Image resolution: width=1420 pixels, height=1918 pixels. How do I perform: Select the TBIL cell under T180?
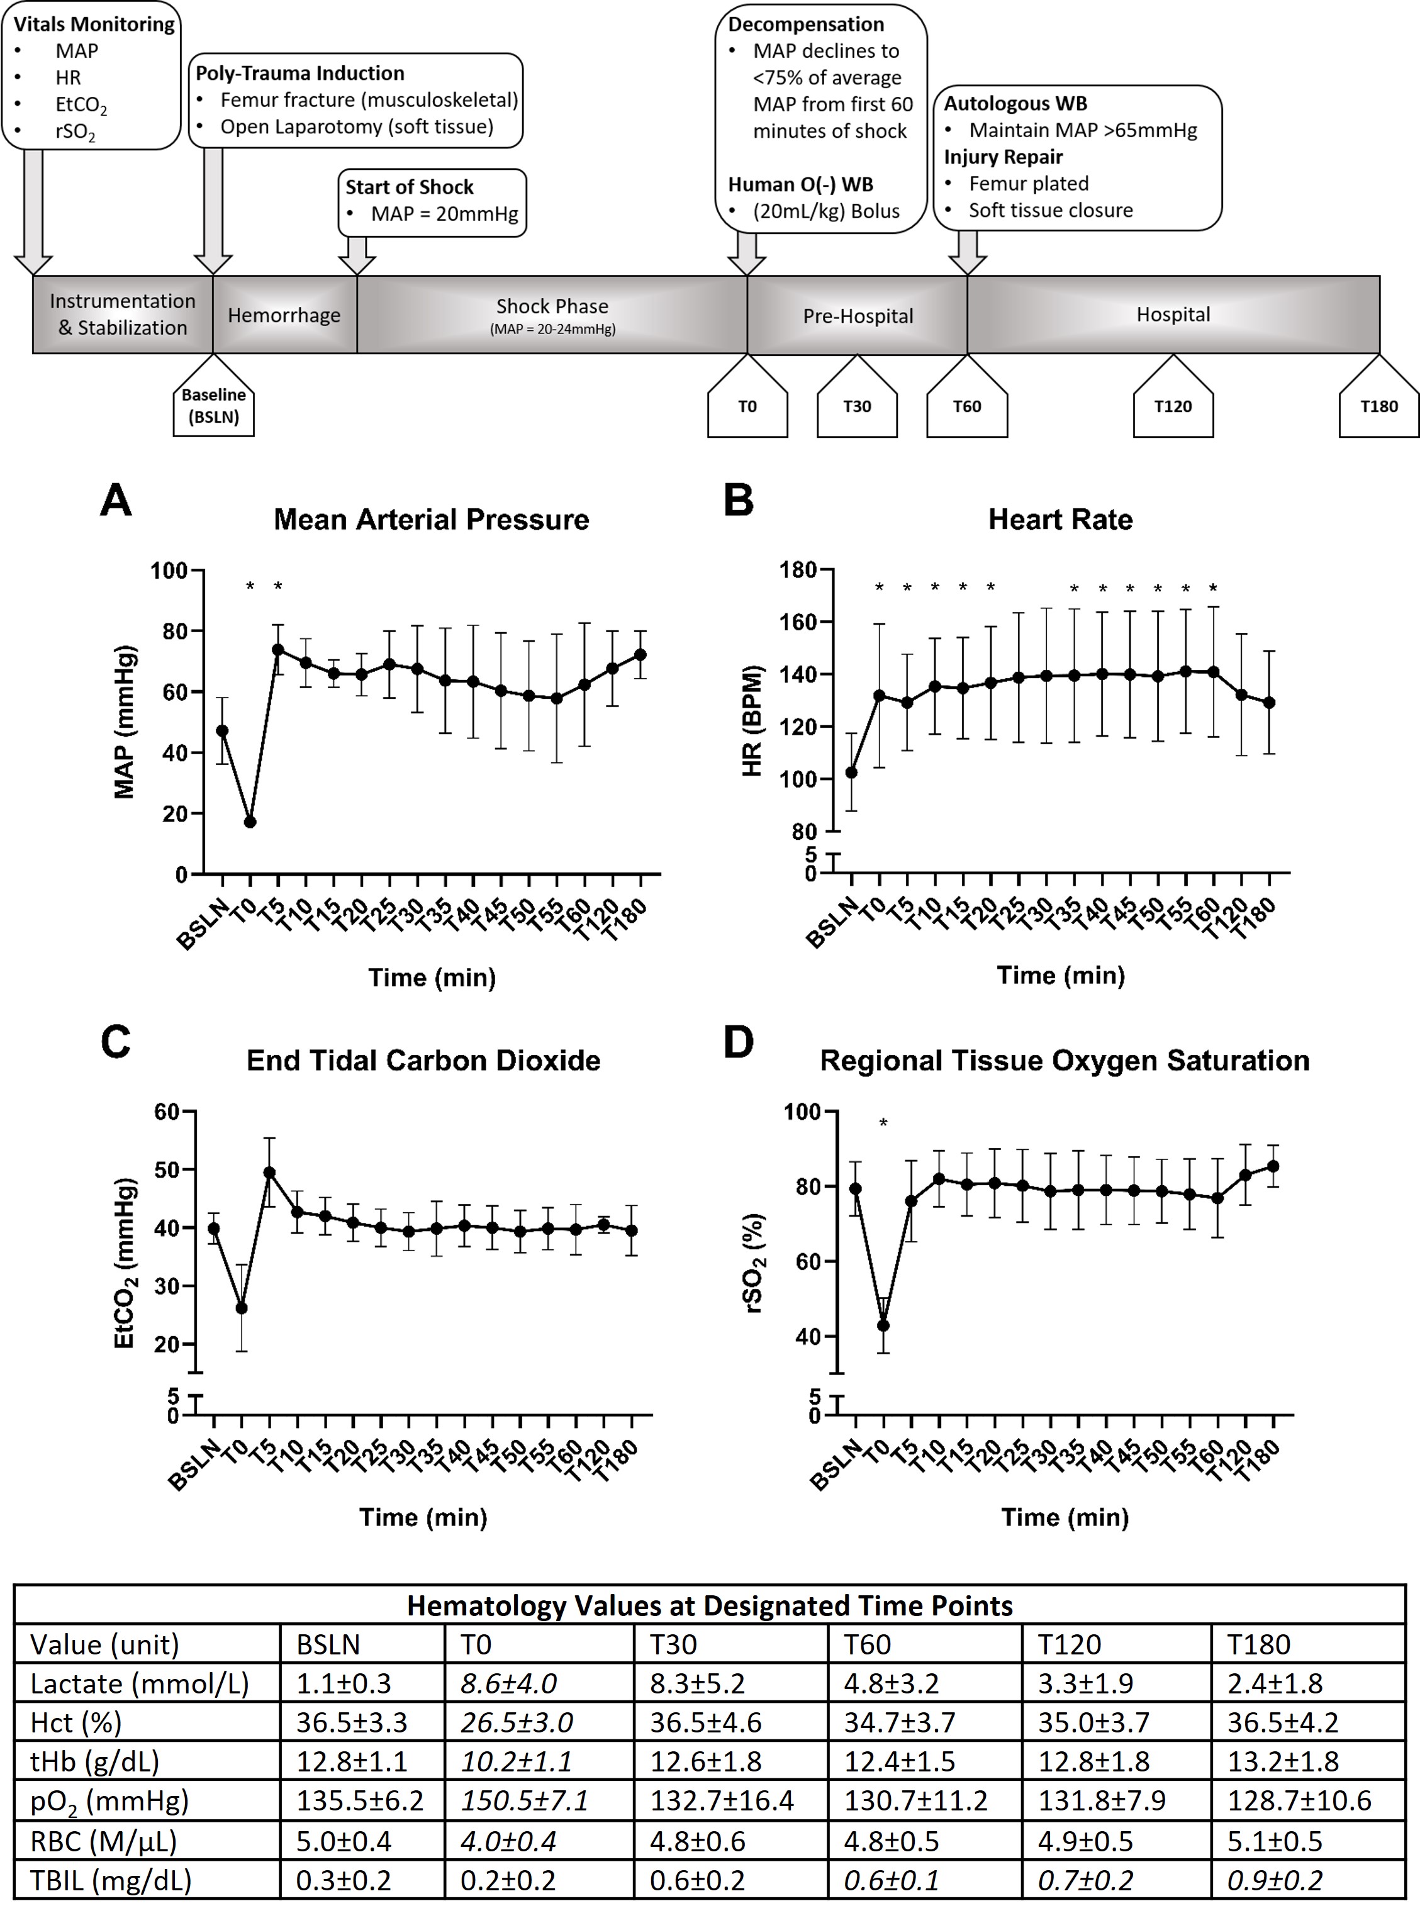tap(1274, 1880)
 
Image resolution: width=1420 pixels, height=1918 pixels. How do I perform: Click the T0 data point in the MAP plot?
tap(250, 822)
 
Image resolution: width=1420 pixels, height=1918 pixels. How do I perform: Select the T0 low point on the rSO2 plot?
tap(883, 1325)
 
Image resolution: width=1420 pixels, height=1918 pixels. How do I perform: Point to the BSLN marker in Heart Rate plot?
tap(852, 772)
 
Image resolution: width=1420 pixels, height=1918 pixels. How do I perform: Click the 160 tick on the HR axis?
tap(803, 622)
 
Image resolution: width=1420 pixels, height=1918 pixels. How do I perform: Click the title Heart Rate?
tap(1060, 519)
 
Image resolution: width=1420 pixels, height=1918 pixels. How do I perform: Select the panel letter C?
tap(115, 1042)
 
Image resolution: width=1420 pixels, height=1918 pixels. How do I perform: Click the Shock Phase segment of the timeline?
tap(552, 315)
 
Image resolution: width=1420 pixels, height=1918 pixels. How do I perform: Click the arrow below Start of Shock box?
tap(357, 255)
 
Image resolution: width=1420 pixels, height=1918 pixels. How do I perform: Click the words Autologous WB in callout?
tap(1015, 104)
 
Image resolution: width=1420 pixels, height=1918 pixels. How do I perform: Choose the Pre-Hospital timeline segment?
tap(857, 315)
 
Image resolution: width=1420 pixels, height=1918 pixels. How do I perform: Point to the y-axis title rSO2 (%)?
tap(756, 1263)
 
